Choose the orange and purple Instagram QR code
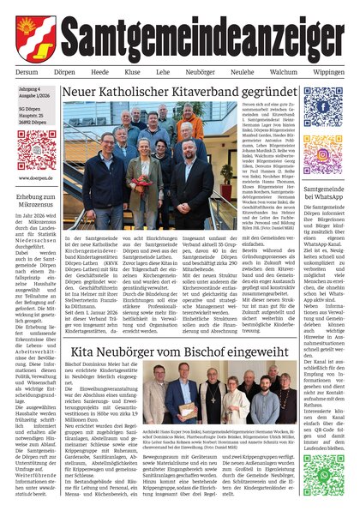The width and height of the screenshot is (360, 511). [323, 154]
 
